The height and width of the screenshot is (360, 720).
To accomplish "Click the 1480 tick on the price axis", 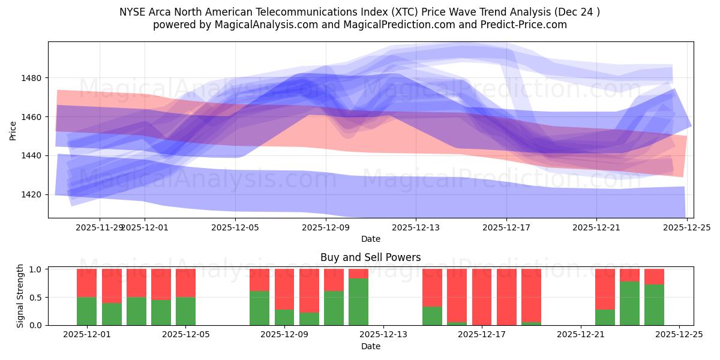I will coord(33,78).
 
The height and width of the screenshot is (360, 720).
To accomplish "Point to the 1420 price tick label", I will coord(33,194).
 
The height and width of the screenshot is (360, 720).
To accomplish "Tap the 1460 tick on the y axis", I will coord(33,117).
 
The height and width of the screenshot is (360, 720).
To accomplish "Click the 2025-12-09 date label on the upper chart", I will coord(325,227).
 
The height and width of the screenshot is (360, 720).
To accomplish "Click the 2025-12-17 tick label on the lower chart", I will coord(482,334).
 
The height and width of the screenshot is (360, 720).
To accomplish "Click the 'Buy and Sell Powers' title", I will coord(370,257).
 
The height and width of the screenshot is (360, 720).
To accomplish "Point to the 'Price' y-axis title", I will coord(13,130).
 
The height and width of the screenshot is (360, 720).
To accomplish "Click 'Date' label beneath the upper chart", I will coord(370,239).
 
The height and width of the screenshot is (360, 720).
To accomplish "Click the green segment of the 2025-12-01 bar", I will coord(86,311).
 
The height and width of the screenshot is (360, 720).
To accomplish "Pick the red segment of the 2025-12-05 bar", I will coord(185,283).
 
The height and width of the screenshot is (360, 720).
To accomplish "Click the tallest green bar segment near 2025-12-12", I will coord(358,302).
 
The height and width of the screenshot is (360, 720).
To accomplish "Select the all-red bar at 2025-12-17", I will coord(482,297).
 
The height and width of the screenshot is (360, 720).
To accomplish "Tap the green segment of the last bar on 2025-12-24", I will coord(654,305).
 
